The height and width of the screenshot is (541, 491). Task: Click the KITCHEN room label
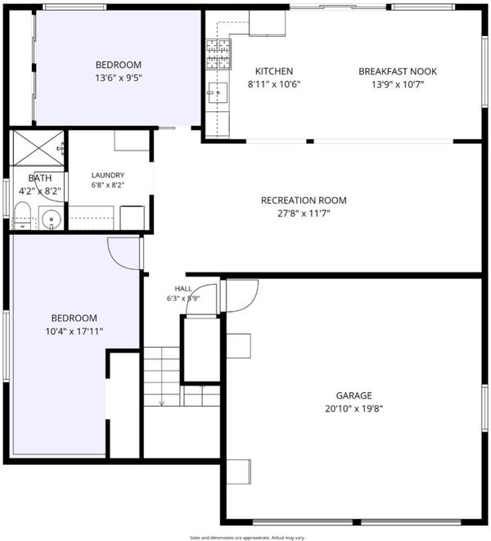274,71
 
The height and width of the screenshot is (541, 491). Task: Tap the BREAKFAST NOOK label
398,71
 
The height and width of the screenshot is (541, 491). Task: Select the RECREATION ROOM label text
304,201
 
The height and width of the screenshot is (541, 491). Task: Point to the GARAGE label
354,395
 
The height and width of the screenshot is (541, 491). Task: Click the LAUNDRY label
108,175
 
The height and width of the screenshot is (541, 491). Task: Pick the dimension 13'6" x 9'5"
119,78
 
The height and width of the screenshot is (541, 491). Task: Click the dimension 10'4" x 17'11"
74,331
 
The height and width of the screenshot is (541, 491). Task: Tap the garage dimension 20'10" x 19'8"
354,409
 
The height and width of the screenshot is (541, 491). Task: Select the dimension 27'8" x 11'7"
304,214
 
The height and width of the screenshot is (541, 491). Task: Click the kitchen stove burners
218,55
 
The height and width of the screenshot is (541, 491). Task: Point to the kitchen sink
218,92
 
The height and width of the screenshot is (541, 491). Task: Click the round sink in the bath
51,219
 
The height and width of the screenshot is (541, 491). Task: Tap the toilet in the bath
22,216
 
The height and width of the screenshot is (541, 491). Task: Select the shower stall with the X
38,147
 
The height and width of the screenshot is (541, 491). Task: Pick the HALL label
183,289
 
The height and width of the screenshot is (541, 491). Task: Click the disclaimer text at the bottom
247,538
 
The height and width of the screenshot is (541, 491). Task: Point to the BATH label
40,178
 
